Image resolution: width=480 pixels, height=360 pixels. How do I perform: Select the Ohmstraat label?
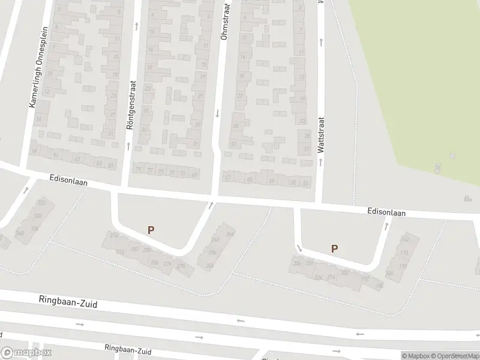pyautogui.click(x=225, y=21)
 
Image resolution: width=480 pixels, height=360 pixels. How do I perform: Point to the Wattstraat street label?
pyautogui.click(x=322, y=134)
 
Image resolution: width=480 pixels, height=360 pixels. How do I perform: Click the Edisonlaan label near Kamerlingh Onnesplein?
pyautogui.click(x=68, y=181)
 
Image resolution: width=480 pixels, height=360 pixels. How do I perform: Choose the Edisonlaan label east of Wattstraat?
pyautogui.click(x=387, y=212)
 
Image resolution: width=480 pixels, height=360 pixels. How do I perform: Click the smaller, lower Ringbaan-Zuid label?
pyautogui.click(x=127, y=350)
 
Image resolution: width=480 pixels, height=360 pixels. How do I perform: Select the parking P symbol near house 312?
pyautogui.click(x=151, y=229)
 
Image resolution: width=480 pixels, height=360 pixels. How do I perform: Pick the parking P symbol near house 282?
pyautogui.click(x=334, y=248)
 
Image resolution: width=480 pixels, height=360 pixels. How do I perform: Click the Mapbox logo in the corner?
pyautogui.click(x=26, y=353)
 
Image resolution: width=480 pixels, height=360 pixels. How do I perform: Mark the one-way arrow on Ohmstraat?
pyautogui.click(x=217, y=113)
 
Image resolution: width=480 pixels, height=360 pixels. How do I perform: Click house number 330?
pyautogui.click(x=38, y=216)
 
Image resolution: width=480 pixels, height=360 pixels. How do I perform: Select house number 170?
pyautogui.click(x=404, y=253)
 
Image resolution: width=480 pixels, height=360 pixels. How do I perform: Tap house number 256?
pyautogui.click(x=212, y=253)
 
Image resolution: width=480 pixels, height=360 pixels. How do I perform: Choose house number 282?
pyautogui.click(x=344, y=272)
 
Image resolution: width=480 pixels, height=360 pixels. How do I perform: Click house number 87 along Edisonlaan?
pyautogui.click(x=77, y=160)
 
